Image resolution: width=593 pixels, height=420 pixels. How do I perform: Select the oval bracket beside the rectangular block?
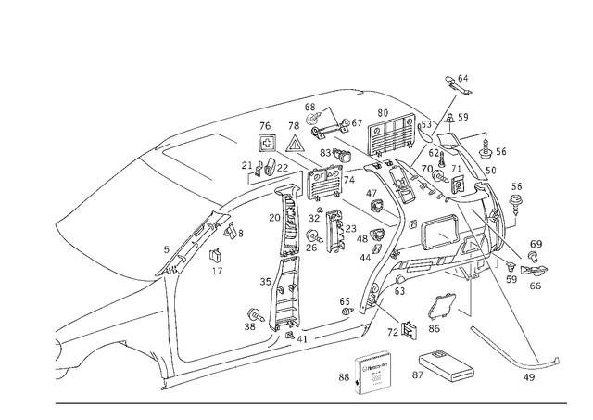pyautogui.click(x=440, y=369)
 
